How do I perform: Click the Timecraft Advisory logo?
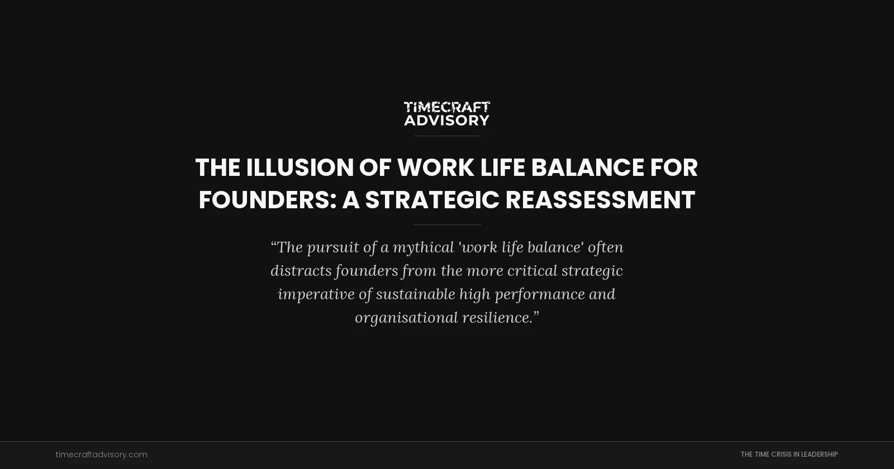coord(447,113)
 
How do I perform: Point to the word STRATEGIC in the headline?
coord(432,200)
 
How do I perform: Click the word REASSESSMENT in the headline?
coord(600,200)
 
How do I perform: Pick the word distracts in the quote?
coord(301,271)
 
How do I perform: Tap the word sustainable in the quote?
coord(415,294)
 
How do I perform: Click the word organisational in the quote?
coord(406,318)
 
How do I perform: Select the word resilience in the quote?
coord(497,318)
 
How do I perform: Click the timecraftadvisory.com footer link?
coord(102,454)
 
